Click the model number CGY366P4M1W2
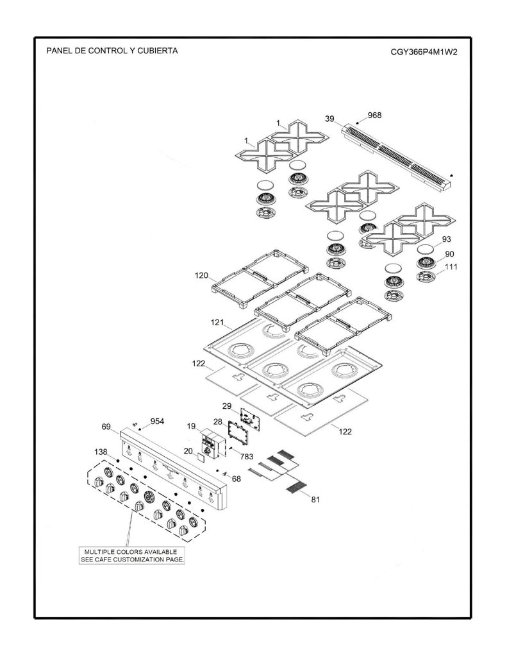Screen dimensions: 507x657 click(x=424, y=52)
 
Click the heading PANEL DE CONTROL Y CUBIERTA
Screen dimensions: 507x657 click(x=112, y=51)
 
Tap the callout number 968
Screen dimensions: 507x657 click(x=374, y=115)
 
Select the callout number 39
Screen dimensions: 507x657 click(x=329, y=119)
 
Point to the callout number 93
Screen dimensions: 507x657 click(x=446, y=239)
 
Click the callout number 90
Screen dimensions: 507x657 click(x=449, y=254)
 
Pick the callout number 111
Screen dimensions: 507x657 click(x=451, y=266)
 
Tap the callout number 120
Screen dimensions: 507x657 click(x=201, y=276)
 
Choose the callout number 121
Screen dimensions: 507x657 click(x=217, y=322)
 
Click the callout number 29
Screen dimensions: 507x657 click(x=226, y=405)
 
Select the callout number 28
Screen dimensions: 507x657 click(x=218, y=422)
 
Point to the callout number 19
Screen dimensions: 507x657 click(x=192, y=426)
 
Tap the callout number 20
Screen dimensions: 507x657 click(x=188, y=451)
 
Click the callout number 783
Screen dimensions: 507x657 click(x=247, y=457)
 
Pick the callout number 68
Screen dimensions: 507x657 click(x=236, y=479)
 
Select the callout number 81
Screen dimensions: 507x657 click(x=315, y=499)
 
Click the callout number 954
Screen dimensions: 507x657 click(x=158, y=422)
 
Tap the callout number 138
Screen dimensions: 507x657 click(x=101, y=452)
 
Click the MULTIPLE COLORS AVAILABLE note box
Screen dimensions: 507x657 click(x=132, y=556)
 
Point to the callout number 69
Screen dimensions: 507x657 click(x=106, y=427)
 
